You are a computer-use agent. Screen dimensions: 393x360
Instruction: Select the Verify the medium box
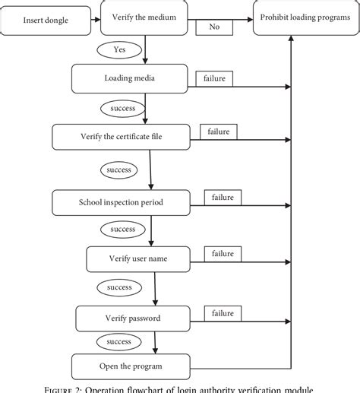click(144, 18)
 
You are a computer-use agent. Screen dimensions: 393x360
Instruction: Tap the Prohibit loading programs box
click(302, 18)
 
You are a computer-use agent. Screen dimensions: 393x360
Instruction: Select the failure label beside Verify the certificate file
click(220, 132)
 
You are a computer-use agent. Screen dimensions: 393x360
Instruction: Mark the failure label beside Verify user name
click(223, 253)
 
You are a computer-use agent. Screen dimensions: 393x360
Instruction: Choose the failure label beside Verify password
click(223, 312)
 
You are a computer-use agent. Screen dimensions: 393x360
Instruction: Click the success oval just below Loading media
click(122, 108)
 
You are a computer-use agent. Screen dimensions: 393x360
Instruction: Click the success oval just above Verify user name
click(122, 229)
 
